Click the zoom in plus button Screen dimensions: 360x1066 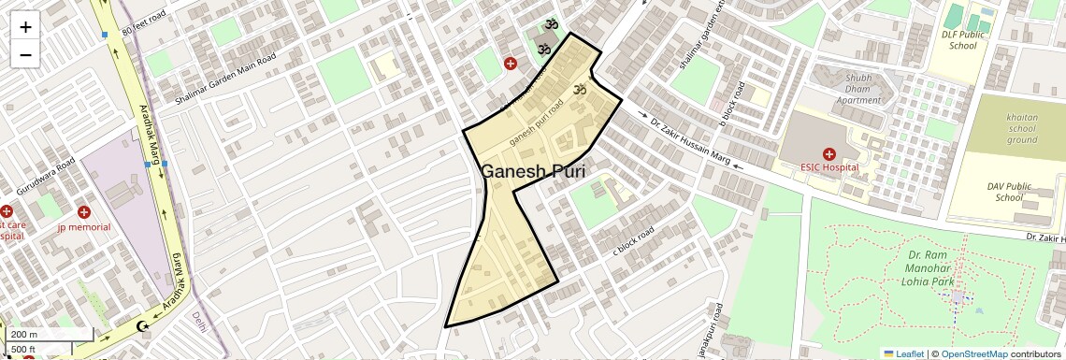[25, 27]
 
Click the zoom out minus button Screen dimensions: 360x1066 [25, 54]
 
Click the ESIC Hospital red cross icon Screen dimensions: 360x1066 [828, 153]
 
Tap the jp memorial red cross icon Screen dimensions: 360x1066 [84, 213]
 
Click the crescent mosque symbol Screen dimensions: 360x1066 [143, 326]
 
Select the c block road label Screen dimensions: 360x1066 [632, 239]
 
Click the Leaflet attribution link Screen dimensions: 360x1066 [903, 353]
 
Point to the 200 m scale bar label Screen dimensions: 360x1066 [23, 334]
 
